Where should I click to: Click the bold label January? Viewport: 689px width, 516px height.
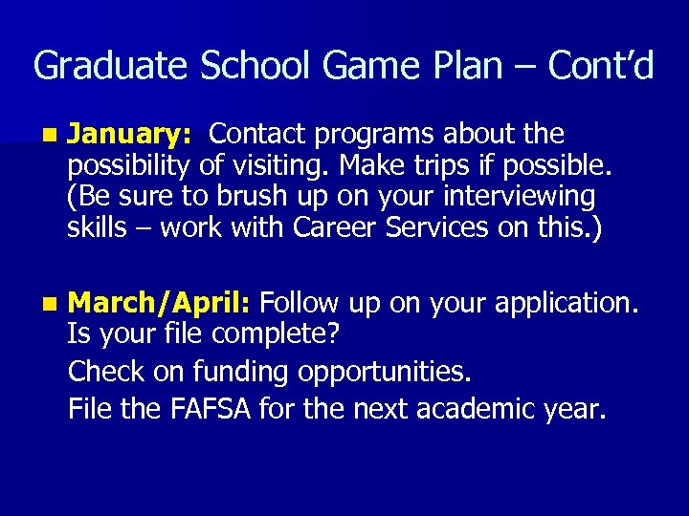132,134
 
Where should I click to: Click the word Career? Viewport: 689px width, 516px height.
335,228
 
